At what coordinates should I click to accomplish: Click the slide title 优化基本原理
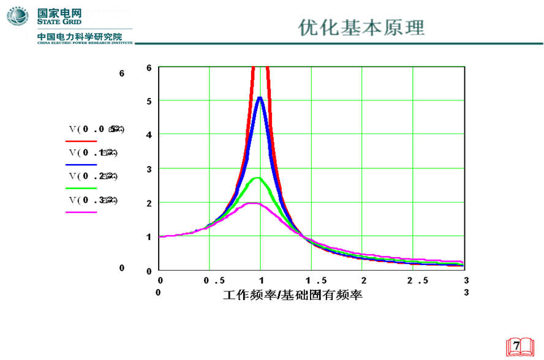click(361, 28)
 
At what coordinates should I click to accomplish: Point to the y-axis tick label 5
click(149, 101)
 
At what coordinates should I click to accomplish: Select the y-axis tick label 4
click(149, 135)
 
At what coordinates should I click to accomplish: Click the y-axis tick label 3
click(149, 169)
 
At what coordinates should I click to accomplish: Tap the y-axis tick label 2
click(149, 203)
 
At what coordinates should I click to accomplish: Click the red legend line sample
click(81, 141)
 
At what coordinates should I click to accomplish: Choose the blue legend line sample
click(81, 165)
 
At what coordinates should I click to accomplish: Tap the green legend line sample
click(81, 188)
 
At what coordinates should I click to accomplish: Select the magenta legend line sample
click(81, 212)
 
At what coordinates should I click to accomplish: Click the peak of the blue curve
click(260, 97)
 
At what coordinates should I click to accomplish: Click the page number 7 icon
click(516, 346)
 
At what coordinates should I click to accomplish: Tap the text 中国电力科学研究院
click(80, 37)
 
